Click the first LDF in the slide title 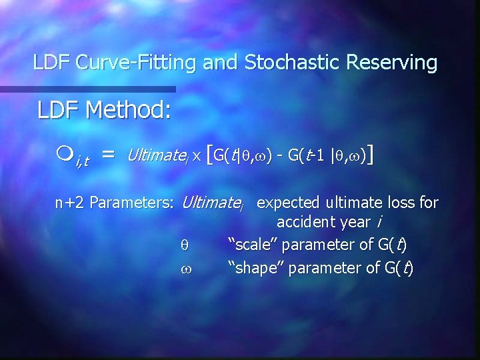(x=52, y=63)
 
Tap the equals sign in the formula (x=108, y=156)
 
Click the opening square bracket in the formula (x=211, y=156)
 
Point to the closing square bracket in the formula (x=369, y=156)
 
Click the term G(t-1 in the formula (x=305, y=156)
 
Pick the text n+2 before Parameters (x=69, y=203)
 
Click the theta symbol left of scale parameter (x=185, y=246)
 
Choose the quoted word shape (x=253, y=269)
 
